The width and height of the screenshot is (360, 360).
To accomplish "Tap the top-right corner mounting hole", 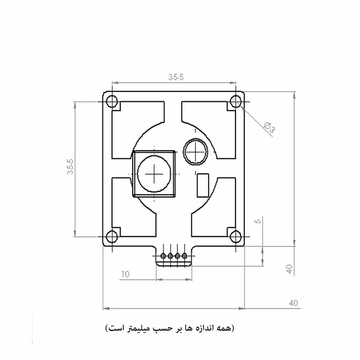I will tap(236, 100).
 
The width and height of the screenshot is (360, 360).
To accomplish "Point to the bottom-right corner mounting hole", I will tap(236, 237).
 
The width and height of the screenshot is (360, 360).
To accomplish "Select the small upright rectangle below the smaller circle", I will tap(203, 184).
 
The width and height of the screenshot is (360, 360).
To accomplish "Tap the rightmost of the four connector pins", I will tap(184, 256).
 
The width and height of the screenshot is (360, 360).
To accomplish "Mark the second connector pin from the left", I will tap(171, 256).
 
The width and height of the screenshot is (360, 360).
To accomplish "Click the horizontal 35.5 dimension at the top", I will tap(175, 77).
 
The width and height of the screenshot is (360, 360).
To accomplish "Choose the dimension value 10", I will tap(125, 274).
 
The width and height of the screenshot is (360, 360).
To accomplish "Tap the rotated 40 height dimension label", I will tap(289, 268).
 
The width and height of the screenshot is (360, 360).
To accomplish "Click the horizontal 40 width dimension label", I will tap(294, 303).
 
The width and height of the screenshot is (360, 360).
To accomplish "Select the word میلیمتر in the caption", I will tap(149, 328).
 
